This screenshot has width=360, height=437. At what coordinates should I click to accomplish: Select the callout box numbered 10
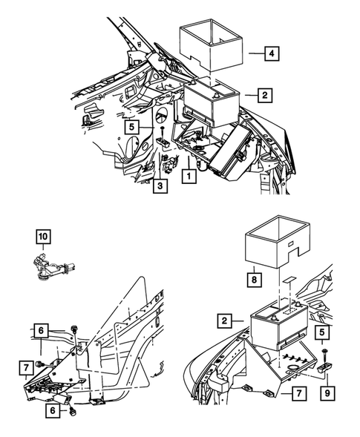click(x=44, y=237)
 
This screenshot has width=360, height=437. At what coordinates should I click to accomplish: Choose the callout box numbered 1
click(x=190, y=177)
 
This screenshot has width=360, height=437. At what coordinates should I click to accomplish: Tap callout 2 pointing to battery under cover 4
click(x=263, y=95)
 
